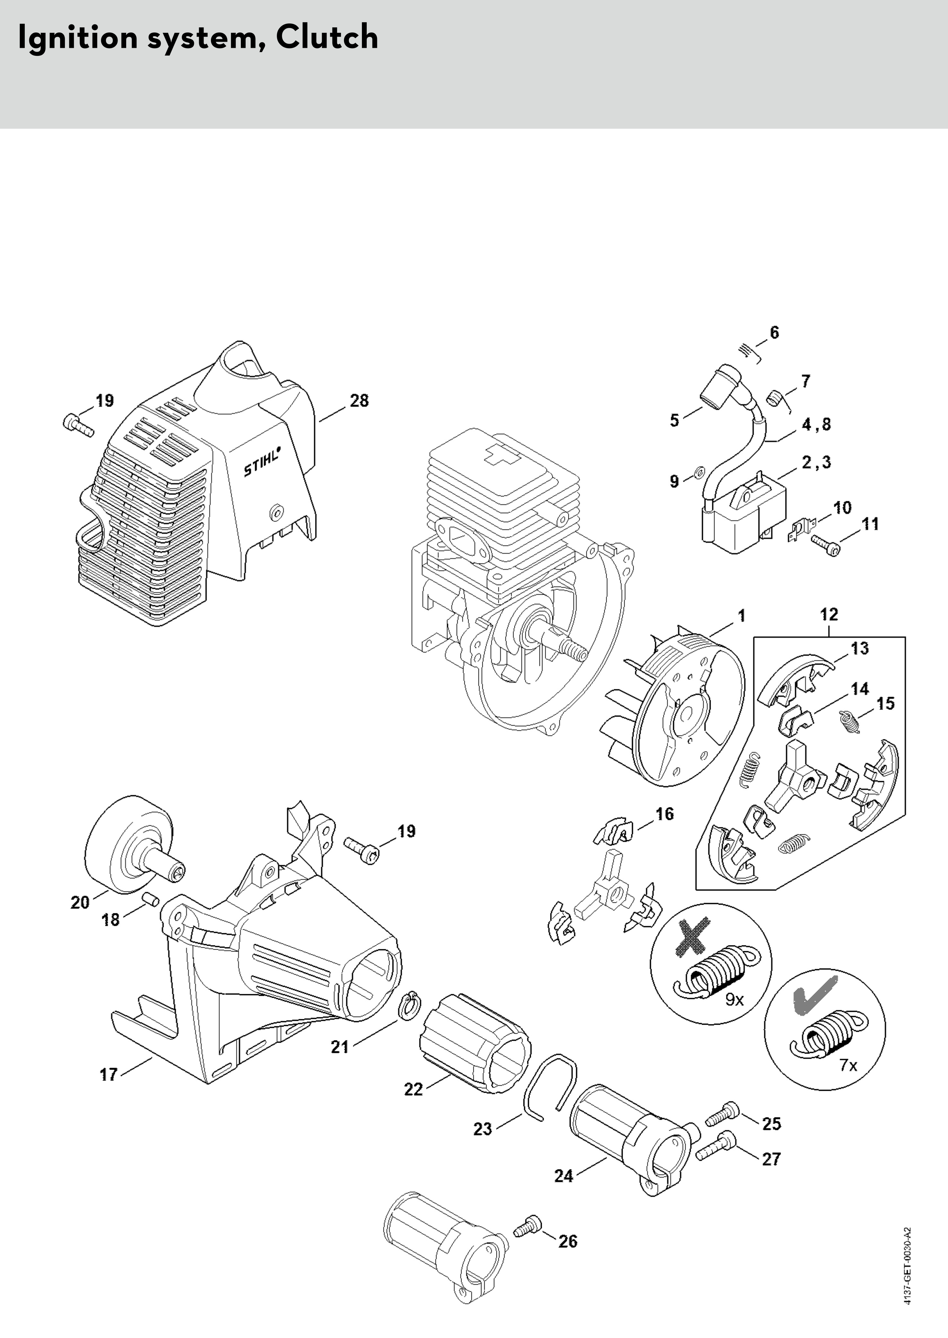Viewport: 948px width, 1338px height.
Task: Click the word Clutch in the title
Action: (x=327, y=37)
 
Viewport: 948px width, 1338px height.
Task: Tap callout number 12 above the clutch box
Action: (x=829, y=614)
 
